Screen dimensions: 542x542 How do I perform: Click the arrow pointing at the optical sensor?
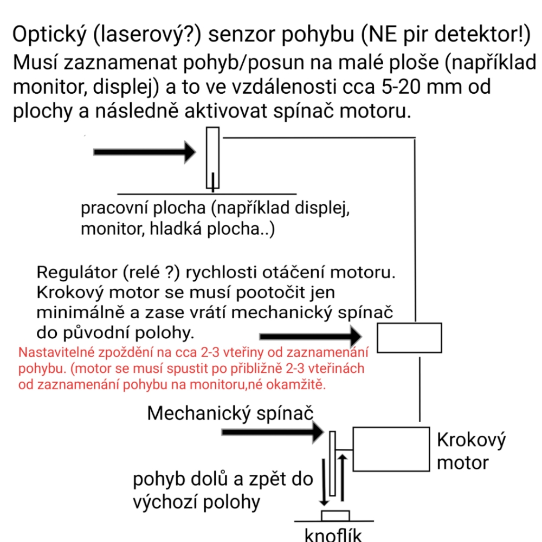[x=145, y=152]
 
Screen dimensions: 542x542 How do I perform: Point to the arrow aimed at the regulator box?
[x=311, y=336]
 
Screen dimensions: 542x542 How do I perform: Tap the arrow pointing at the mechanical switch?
[x=273, y=432]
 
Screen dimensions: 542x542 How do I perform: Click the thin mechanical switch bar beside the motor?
[x=333, y=463]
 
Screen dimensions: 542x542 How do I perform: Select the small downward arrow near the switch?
[x=324, y=482]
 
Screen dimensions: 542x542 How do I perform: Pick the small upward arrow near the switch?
[x=342, y=478]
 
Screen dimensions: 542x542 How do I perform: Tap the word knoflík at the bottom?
[x=333, y=535]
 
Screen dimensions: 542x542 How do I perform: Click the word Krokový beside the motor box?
[x=471, y=440]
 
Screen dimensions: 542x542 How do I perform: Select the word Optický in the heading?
[x=49, y=35]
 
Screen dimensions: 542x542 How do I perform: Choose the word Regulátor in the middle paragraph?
[x=77, y=273]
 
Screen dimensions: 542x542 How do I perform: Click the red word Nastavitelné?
[x=56, y=352]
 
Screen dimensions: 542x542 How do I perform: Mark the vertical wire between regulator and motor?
[x=420, y=389]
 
